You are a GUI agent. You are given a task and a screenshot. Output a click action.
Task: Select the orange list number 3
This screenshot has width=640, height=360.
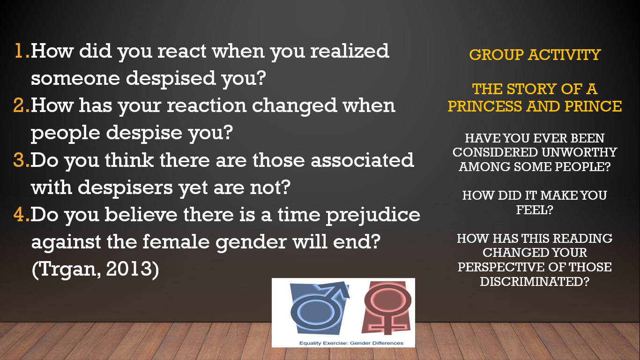22,160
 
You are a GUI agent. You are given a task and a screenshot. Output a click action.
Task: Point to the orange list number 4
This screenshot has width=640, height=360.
22,215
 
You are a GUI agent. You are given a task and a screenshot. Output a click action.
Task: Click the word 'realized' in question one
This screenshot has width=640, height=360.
350,51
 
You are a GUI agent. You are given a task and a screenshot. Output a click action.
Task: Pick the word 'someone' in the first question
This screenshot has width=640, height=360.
75,78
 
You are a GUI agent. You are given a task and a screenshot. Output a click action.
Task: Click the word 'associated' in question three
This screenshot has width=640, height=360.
362,160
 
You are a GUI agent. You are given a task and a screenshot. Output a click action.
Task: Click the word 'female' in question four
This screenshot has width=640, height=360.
176,241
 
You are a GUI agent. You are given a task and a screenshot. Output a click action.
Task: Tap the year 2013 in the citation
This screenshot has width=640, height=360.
129,269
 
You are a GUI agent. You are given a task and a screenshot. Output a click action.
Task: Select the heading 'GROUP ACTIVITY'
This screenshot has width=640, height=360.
535,55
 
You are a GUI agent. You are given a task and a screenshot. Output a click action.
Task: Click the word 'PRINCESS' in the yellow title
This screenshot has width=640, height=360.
485,106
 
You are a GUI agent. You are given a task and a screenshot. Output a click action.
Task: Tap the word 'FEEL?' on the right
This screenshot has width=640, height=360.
535,210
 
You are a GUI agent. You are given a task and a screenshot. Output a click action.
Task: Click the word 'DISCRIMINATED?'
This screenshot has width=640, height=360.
535,282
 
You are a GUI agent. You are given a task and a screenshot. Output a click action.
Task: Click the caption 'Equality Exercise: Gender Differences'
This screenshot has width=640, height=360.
351,343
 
